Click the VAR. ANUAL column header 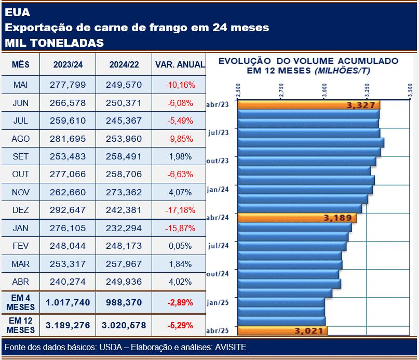180,65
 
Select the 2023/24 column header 68,65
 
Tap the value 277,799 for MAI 68,85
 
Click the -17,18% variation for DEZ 180,210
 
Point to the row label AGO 21,139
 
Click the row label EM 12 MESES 21,325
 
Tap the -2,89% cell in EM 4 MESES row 180,302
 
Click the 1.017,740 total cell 68,302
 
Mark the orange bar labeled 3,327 308,105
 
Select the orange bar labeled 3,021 283,330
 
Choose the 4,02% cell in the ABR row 180,282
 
